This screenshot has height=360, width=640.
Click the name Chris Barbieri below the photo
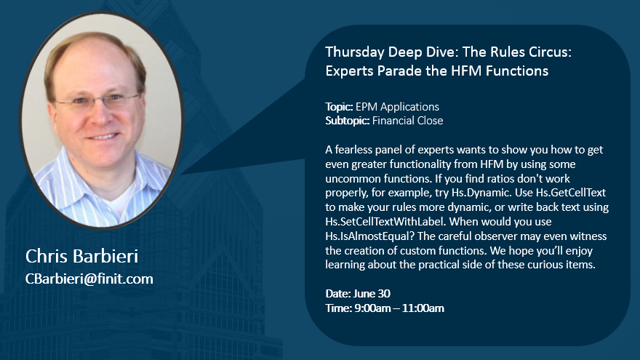click(x=81, y=256)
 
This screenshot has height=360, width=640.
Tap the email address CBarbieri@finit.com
click(x=89, y=279)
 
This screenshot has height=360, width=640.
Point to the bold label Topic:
click(x=339, y=107)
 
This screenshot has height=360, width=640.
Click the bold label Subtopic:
click(x=348, y=121)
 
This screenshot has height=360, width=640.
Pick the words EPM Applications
click(x=397, y=107)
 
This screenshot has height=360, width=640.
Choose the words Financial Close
click(x=407, y=121)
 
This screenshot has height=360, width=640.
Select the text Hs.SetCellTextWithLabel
click(x=385, y=222)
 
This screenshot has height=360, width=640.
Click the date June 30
click(x=372, y=294)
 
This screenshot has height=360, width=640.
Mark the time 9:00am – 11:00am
click(x=399, y=308)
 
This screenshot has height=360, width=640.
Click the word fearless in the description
click(x=351, y=150)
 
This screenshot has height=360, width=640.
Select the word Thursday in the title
click(x=355, y=52)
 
